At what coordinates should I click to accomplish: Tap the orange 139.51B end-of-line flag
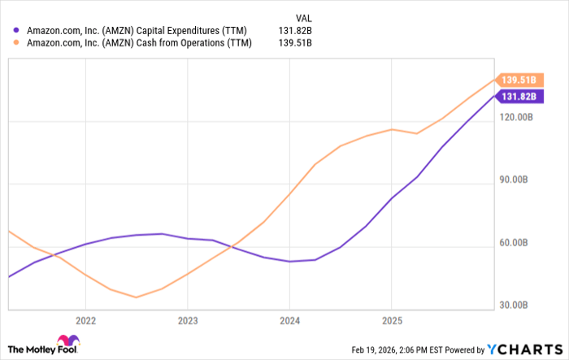519,80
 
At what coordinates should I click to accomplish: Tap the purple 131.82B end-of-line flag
519,97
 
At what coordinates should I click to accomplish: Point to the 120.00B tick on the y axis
516,118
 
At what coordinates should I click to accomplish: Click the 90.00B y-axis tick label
516,180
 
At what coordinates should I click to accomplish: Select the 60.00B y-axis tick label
516,243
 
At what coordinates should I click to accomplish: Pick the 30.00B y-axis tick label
516,306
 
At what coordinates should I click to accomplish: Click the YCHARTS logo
524,349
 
